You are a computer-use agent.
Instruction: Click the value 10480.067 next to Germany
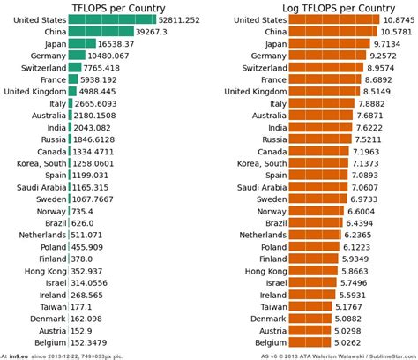point(106,55)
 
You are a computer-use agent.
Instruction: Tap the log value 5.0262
point(359,341)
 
